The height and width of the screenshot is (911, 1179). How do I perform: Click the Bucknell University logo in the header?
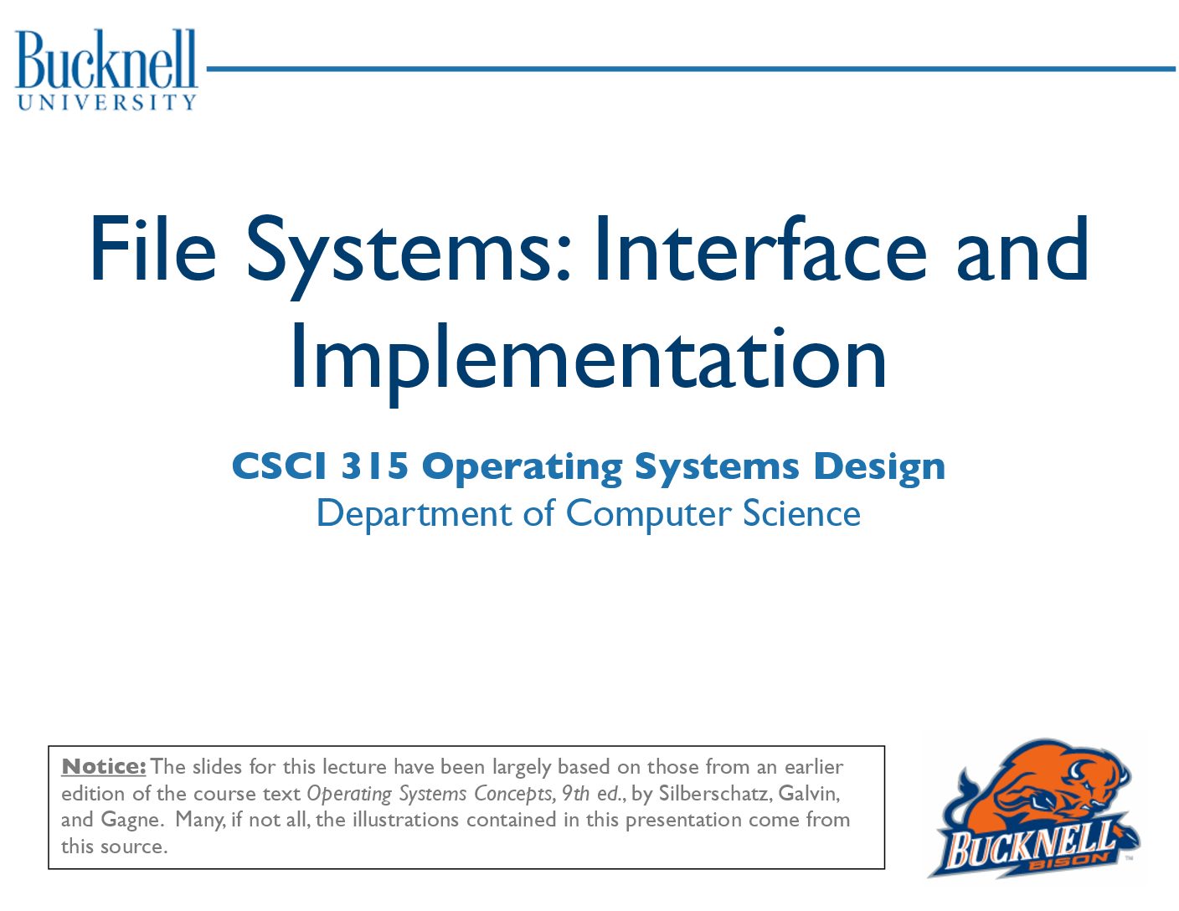(x=106, y=69)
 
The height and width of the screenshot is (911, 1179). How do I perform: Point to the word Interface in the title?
(x=760, y=249)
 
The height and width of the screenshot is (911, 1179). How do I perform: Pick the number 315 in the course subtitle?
(x=373, y=466)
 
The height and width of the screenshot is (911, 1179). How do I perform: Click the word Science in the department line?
(x=802, y=512)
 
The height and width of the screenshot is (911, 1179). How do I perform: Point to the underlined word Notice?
(x=104, y=767)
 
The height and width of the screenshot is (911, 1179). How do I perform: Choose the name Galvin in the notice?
(x=809, y=794)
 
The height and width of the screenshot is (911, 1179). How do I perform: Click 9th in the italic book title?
(x=575, y=793)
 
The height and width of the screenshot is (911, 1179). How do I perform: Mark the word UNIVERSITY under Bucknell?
(x=106, y=102)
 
